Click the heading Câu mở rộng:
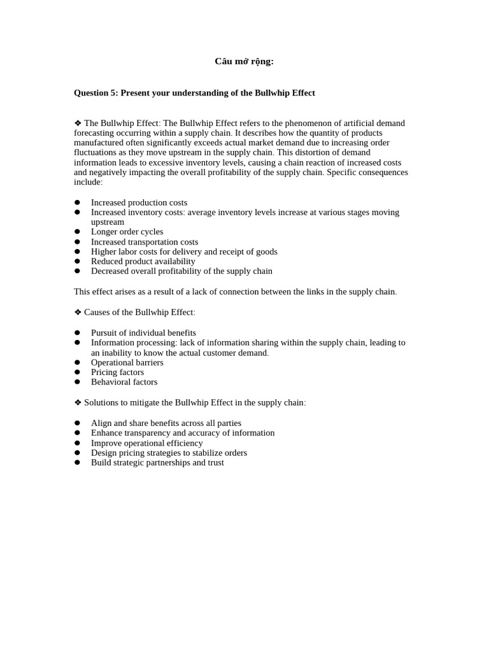click(x=244, y=61)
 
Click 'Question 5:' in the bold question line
click(x=96, y=93)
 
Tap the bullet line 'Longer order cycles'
click(x=127, y=232)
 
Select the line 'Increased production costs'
click(x=139, y=202)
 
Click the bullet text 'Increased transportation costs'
click(x=145, y=242)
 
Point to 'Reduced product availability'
click(x=143, y=261)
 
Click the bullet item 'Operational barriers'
click(x=127, y=362)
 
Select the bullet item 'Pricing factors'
click(x=117, y=372)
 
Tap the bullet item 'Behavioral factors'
click(x=124, y=382)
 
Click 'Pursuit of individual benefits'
click(x=143, y=332)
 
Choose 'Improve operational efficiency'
click(x=146, y=443)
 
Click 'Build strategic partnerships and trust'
click(x=157, y=462)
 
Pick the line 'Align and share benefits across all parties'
click(x=166, y=423)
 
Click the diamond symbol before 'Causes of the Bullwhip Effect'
click(x=78, y=312)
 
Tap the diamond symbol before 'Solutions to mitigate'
click(x=78, y=403)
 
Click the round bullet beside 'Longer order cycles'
click(x=77, y=232)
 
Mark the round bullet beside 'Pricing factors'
click(x=77, y=372)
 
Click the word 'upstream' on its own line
click(x=108, y=222)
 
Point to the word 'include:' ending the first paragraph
click(x=88, y=182)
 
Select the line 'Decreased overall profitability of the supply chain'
click(x=181, y=271)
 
